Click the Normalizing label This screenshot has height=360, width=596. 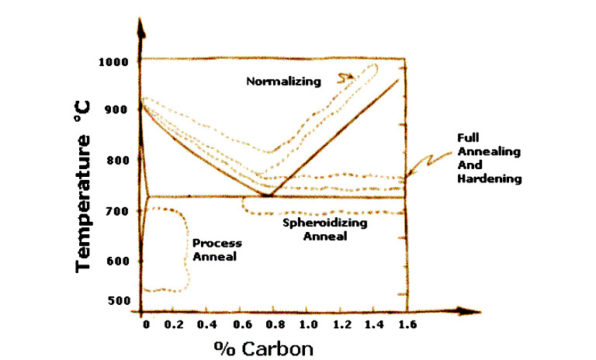(283, 80)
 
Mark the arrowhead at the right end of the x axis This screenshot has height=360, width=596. (469, 311)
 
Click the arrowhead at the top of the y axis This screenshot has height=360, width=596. (141, 27)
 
